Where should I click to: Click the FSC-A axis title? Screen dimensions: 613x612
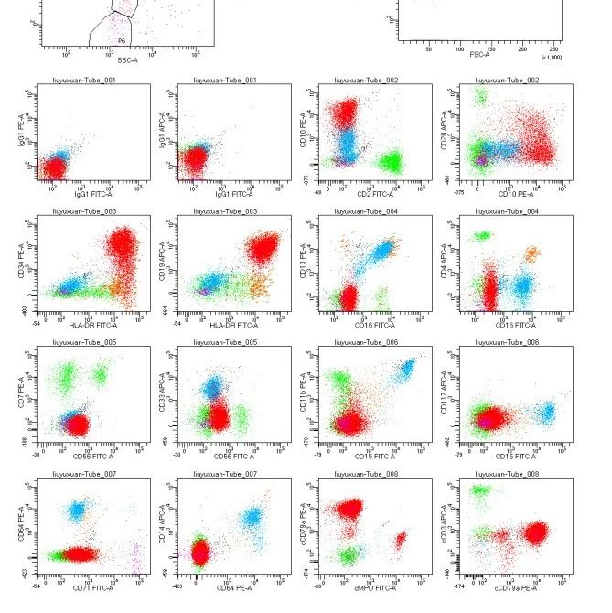click(479, 54)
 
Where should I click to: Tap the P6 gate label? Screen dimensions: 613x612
click(121, 41)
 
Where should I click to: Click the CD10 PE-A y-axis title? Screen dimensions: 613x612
click(305, 126)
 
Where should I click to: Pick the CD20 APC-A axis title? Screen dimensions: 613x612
click(446, 126)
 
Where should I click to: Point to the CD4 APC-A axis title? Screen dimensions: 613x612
click(446, 261)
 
